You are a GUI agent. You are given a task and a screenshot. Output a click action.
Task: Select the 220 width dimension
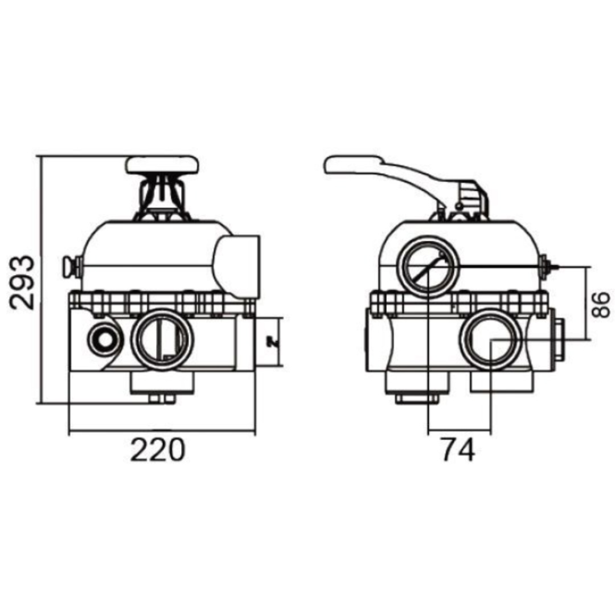pos(158,450)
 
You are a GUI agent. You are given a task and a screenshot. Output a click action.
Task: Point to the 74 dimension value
pos(457,450)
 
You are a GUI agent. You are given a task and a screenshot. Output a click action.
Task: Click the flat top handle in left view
pos(164,165)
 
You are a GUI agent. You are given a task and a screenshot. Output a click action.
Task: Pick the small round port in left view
pos(103,339)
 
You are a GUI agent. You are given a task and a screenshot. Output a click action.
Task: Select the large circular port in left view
pos(162,340)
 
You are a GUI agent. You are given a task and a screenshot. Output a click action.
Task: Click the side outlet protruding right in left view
pos(238,263)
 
